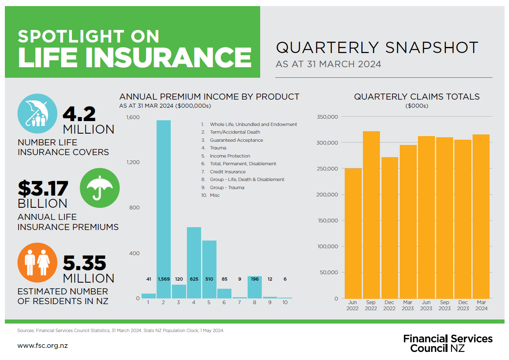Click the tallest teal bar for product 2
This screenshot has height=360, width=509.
[163, 209]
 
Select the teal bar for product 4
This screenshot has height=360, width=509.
[194, 263]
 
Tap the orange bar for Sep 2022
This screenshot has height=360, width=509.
[371, 215]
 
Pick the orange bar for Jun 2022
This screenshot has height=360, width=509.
[353, 233]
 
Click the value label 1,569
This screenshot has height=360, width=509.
[164, 279]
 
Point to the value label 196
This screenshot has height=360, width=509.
[255, 279]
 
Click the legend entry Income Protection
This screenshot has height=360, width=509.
[230, 156]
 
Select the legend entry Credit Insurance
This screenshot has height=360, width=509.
[228, 172]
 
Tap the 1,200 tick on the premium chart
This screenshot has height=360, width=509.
[133, 162]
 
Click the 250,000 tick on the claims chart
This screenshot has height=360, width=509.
[327, 168]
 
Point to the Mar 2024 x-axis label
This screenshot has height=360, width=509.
[481, 305]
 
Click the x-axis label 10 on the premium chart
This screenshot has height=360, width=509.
[285, 302]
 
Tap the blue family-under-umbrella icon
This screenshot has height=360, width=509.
[38, 113]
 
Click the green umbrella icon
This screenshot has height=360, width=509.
[100, 188]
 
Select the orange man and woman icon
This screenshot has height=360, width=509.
[38, 262]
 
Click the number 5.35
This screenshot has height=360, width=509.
[85, 263]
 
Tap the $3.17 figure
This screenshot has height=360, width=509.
[43, 188]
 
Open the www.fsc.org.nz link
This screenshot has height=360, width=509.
[42, 346]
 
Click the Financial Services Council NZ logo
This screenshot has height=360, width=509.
[448, 343]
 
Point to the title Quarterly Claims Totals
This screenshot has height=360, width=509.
[417, 97]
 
